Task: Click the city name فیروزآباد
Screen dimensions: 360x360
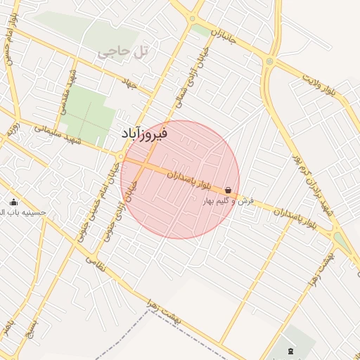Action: [143, 132]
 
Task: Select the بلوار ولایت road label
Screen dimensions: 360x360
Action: [324, 85]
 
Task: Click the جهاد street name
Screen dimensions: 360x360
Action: [128, 84]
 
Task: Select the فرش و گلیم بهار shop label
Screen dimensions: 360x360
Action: [228, 202]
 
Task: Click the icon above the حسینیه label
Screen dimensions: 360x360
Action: [13, 202]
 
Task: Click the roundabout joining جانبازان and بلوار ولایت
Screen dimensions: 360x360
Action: [269, 62]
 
